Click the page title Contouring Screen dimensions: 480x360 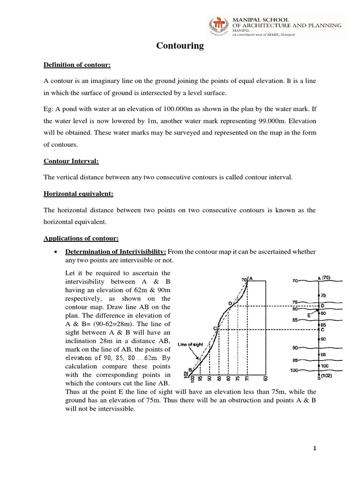180,45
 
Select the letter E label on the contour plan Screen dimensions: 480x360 309,315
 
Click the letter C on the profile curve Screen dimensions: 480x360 216,329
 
